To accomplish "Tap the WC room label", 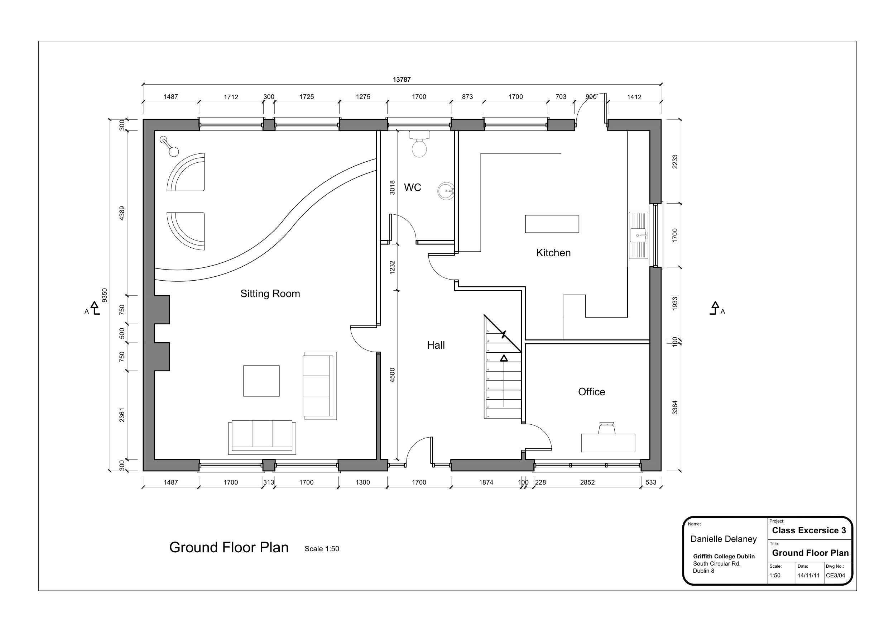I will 412,187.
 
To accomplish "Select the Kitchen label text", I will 553,253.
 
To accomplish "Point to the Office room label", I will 591,392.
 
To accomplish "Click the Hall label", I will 436,345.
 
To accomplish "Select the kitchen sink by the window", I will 638,235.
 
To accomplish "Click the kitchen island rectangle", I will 552,224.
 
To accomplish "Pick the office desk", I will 608,443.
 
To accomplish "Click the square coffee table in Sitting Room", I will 261,381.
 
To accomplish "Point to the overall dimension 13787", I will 402,80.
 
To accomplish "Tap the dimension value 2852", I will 587,482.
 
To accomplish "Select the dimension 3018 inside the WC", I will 392,187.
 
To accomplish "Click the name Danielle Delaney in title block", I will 723,539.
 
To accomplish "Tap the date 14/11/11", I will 808,576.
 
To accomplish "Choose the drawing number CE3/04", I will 835,576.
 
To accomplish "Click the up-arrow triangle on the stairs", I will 504,358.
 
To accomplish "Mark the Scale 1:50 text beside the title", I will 322,549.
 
